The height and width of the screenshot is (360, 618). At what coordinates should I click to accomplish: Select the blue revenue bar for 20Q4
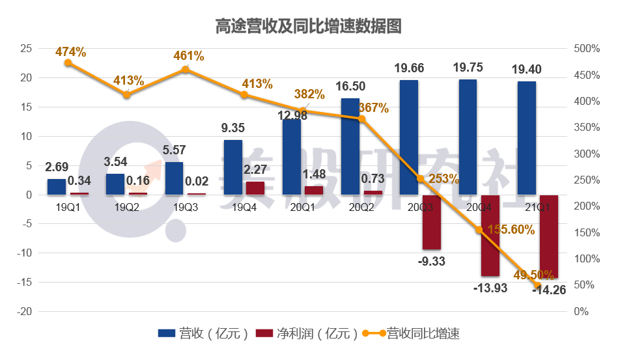[468, 137]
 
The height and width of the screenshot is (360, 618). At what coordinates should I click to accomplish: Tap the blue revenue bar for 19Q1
[57, 187]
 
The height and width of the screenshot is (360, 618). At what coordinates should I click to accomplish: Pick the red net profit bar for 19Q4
[255, 188]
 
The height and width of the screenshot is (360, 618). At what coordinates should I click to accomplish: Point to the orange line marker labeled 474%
[68, 62]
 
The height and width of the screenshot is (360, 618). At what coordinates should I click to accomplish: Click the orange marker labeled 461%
[186, 70]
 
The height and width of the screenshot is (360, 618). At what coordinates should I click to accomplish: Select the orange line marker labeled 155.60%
[479, 230]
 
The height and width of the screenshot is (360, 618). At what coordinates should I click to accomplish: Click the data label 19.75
[468, 68]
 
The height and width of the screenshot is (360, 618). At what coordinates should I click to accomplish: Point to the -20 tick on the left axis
[24, 311]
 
